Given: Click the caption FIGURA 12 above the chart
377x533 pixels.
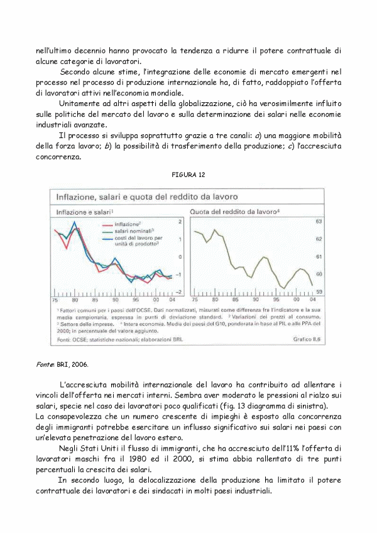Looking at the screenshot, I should click(188, 173).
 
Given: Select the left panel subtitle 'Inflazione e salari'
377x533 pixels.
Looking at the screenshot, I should click(86, 212).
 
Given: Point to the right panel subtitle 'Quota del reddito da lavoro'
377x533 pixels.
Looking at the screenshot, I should click(234, 212).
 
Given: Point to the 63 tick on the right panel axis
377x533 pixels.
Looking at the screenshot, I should click(319, 222).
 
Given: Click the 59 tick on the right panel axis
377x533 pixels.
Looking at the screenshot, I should click(319, 292).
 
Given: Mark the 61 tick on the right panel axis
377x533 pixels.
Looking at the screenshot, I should click(319, 257).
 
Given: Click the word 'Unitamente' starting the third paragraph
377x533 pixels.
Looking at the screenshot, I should click(82, 103).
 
